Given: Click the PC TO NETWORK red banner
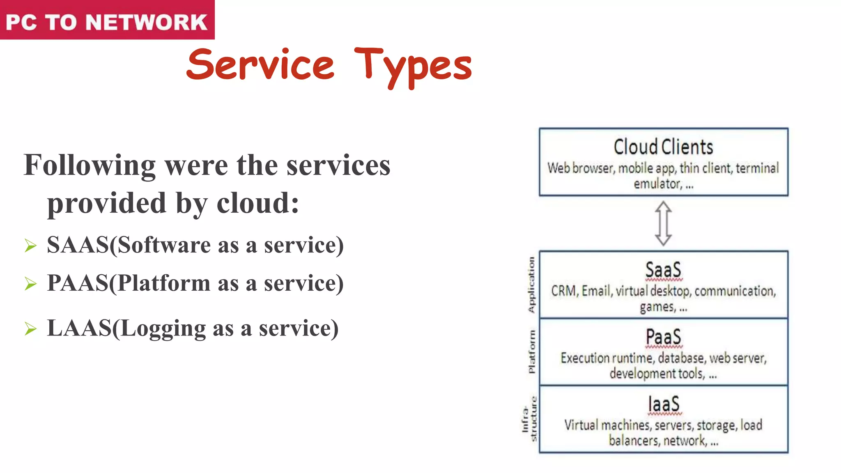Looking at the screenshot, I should pyautogui.click(x=107, y=21).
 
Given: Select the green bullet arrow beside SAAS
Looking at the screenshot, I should pyautogui.click(x=30, y=246).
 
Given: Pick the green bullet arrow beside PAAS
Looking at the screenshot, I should pyautogui.click(x=30, y=284).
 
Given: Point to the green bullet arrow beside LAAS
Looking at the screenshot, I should pyautogui.click(x=30, y=329).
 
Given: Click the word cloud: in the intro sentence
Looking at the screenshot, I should pyautogui.click(x=258, y=203).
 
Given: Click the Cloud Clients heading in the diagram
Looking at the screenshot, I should pyautogui.click(x=663, y=147).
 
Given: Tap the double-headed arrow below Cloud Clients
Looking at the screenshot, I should pyautogui.click(x=663, y=223).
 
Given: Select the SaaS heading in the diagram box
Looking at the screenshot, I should pyautogui.click(x=663, y=270).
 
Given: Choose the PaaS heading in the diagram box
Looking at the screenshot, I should pyautogui.click(x=663, y=337).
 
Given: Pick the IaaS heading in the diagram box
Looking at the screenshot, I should pyautogui.click(x=664, y=404).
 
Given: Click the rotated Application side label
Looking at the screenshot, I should pyautogui.click(x=531, y=285).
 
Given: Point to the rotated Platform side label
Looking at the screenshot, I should pyautogui.click(x=531, y=351).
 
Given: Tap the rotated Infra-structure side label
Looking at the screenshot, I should pyautogui.click(x=529, y=419).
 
